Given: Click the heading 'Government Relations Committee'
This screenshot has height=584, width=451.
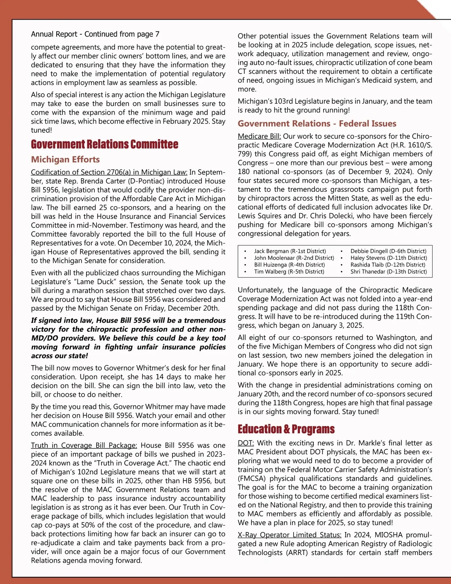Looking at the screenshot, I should tap(104, 144).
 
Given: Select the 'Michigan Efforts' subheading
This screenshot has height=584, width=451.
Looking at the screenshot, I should tap(65, 159).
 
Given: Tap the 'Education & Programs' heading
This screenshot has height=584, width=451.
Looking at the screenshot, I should tap(286, 429).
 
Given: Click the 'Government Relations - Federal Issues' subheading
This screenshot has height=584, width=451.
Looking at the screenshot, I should tap(317, 124).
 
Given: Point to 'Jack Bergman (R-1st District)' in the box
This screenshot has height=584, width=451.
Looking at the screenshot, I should tap(290, 251).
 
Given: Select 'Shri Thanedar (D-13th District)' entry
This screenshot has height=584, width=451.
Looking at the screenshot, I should tap(389, 272).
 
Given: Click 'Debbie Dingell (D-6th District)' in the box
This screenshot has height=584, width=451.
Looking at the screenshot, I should tap(388, 251).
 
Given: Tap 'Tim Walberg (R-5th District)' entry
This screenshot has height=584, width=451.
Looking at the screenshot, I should tap(289, 272).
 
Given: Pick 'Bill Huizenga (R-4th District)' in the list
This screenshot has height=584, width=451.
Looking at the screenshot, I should tap(289, 265).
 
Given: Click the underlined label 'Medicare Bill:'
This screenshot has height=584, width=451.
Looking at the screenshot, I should tap(259, 136).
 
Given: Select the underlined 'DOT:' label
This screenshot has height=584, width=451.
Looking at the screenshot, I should tap(246, 443).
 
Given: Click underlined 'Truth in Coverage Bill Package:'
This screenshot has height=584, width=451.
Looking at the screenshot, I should tap(84, 445).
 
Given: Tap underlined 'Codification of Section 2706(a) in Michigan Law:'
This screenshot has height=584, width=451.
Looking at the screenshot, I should tap(109, 172).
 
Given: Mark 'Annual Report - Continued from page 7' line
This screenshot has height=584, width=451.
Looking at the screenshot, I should tap(95, 34).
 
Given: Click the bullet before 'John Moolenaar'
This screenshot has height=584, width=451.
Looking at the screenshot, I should tap(245, 258).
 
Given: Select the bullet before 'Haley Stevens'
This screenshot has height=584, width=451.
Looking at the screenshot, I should tap(342, 258).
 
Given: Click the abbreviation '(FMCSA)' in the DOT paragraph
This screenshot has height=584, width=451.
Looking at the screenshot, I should tap(252, 478).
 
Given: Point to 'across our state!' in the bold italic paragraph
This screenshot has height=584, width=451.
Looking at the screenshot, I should tap(59, 356).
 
